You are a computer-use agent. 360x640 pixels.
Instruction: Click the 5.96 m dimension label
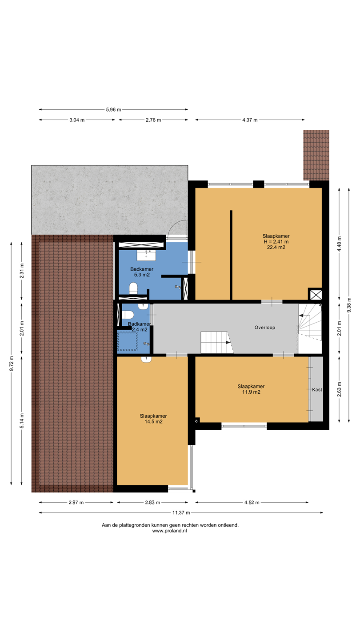pyautogui.click(x=113, y=109)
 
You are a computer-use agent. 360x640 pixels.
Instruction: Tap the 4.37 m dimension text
pyautogui.click(x=250, y=120)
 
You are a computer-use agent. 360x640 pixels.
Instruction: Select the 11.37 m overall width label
pyautogui.click(x=181, y=512)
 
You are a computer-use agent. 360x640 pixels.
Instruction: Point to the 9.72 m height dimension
pyautogui.click(x=12, y=364)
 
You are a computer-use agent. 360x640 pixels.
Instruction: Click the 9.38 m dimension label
pyautogui.click(x=349, y=305)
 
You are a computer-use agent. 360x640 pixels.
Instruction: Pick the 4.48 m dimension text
pyautogui.click(x=339, y=244)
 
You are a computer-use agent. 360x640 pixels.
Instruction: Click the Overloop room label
pyautogui.click(x=265, y=328)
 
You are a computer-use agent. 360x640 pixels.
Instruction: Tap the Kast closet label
pyautogui.click(x=317, y=389)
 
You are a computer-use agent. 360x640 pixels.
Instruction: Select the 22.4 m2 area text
pyautogui.click(x=276, y=247)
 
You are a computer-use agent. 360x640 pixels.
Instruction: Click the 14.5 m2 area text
pyautogui.click(x=153, y=421)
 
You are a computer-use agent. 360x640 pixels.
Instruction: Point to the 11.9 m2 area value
pyautogui.click(x=251, y=392)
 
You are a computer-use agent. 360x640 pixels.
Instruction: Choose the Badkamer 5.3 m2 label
pyautogui.click(x=142, y=272)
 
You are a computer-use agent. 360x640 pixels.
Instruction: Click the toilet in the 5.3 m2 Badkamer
pyautogui.click(x=133, y=288)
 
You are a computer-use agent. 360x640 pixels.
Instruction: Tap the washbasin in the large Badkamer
pyautogui.click(x=146, y=256)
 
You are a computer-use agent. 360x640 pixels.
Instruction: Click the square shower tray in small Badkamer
pyautogui.click(x=128, y=341)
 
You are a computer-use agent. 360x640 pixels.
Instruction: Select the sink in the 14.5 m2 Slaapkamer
pyautogui.click(x=146, y=360)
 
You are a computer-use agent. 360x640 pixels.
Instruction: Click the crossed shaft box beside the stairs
pyautogui.click(x=316, y=295)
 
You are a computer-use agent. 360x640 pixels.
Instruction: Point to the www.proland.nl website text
pyautogui.click(x=170, y=531)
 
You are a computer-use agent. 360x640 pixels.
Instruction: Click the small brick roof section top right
pyautogui.click(x=316, y=155)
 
